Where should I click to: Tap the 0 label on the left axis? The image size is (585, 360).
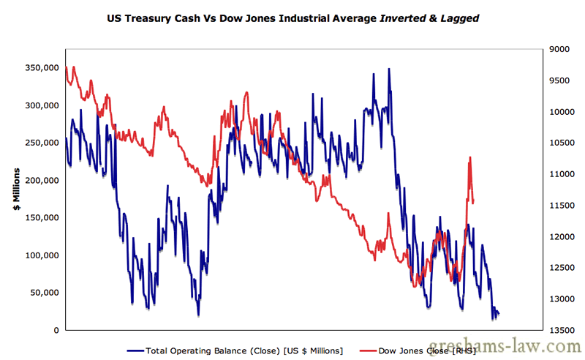coord(56,330)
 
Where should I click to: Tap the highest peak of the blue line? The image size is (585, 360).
coord(389,69)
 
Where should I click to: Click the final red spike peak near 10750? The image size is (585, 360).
coord(469,157)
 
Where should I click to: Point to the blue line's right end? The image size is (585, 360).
coord(499,314)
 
